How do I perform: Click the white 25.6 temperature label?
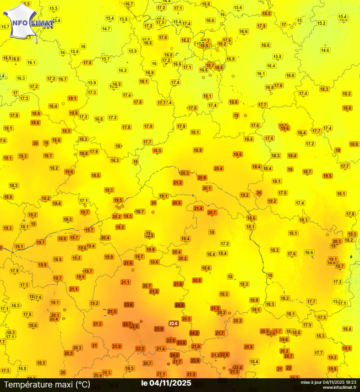point(174,323)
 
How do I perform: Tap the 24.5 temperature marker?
point(180,305)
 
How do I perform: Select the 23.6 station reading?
point(129,304)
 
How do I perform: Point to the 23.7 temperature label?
point(127,324)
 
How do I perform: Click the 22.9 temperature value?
point(170,340)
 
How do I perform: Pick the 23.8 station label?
point(181,342)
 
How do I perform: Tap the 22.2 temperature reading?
point(140,348)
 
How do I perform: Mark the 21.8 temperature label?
point(178,284)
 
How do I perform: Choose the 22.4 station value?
point(238,367)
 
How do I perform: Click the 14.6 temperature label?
point(325,50)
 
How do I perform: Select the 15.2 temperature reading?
point(322,23)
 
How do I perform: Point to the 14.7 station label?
point(106,28)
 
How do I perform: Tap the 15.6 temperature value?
point(238,7)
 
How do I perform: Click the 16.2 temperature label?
point(123,70)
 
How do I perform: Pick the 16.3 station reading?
point(21,78)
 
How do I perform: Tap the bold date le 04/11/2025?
point(166,383)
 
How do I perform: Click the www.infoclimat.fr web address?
point(339,387)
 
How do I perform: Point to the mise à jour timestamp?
point(328,381)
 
